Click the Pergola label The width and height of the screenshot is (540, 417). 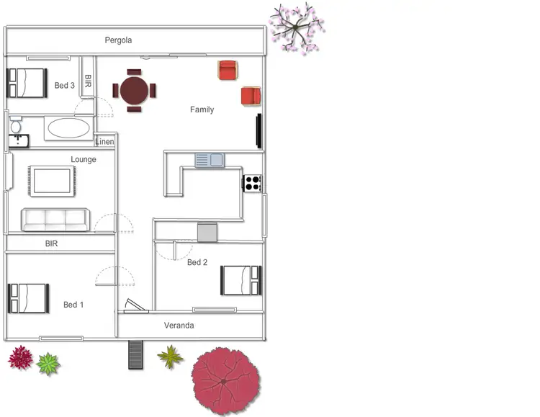point(118,40)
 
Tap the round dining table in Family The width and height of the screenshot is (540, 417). point(134,91)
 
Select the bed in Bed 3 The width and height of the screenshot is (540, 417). point(27,83)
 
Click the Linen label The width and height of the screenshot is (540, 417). point(104,141)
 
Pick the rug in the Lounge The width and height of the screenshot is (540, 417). point(52,181)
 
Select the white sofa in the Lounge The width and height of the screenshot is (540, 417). point(55,220)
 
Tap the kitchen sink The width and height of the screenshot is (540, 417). point(210,160)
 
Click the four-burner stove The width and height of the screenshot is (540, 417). point(253,183)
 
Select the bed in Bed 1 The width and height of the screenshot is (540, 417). point(28,297)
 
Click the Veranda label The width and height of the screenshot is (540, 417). point(179,326)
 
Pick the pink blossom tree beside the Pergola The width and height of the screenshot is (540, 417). point(296,27)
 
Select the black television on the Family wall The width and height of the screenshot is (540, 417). point(258,130)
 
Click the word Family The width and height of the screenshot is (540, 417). point(202,109)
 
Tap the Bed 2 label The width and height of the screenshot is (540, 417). point(197,262)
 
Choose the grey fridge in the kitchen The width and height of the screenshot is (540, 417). point(207,232)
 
